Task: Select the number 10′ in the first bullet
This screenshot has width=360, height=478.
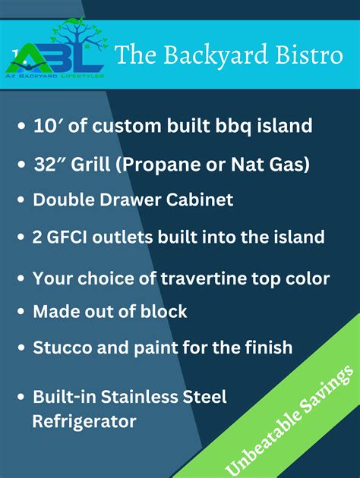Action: tap(46, 126)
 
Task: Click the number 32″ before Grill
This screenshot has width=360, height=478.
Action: tap(48, 164)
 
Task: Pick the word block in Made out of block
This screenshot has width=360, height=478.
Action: tap(166, 311)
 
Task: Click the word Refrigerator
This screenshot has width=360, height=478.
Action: tap(84, 420)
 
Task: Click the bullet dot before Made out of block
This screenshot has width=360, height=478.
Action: tap(21, 312)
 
